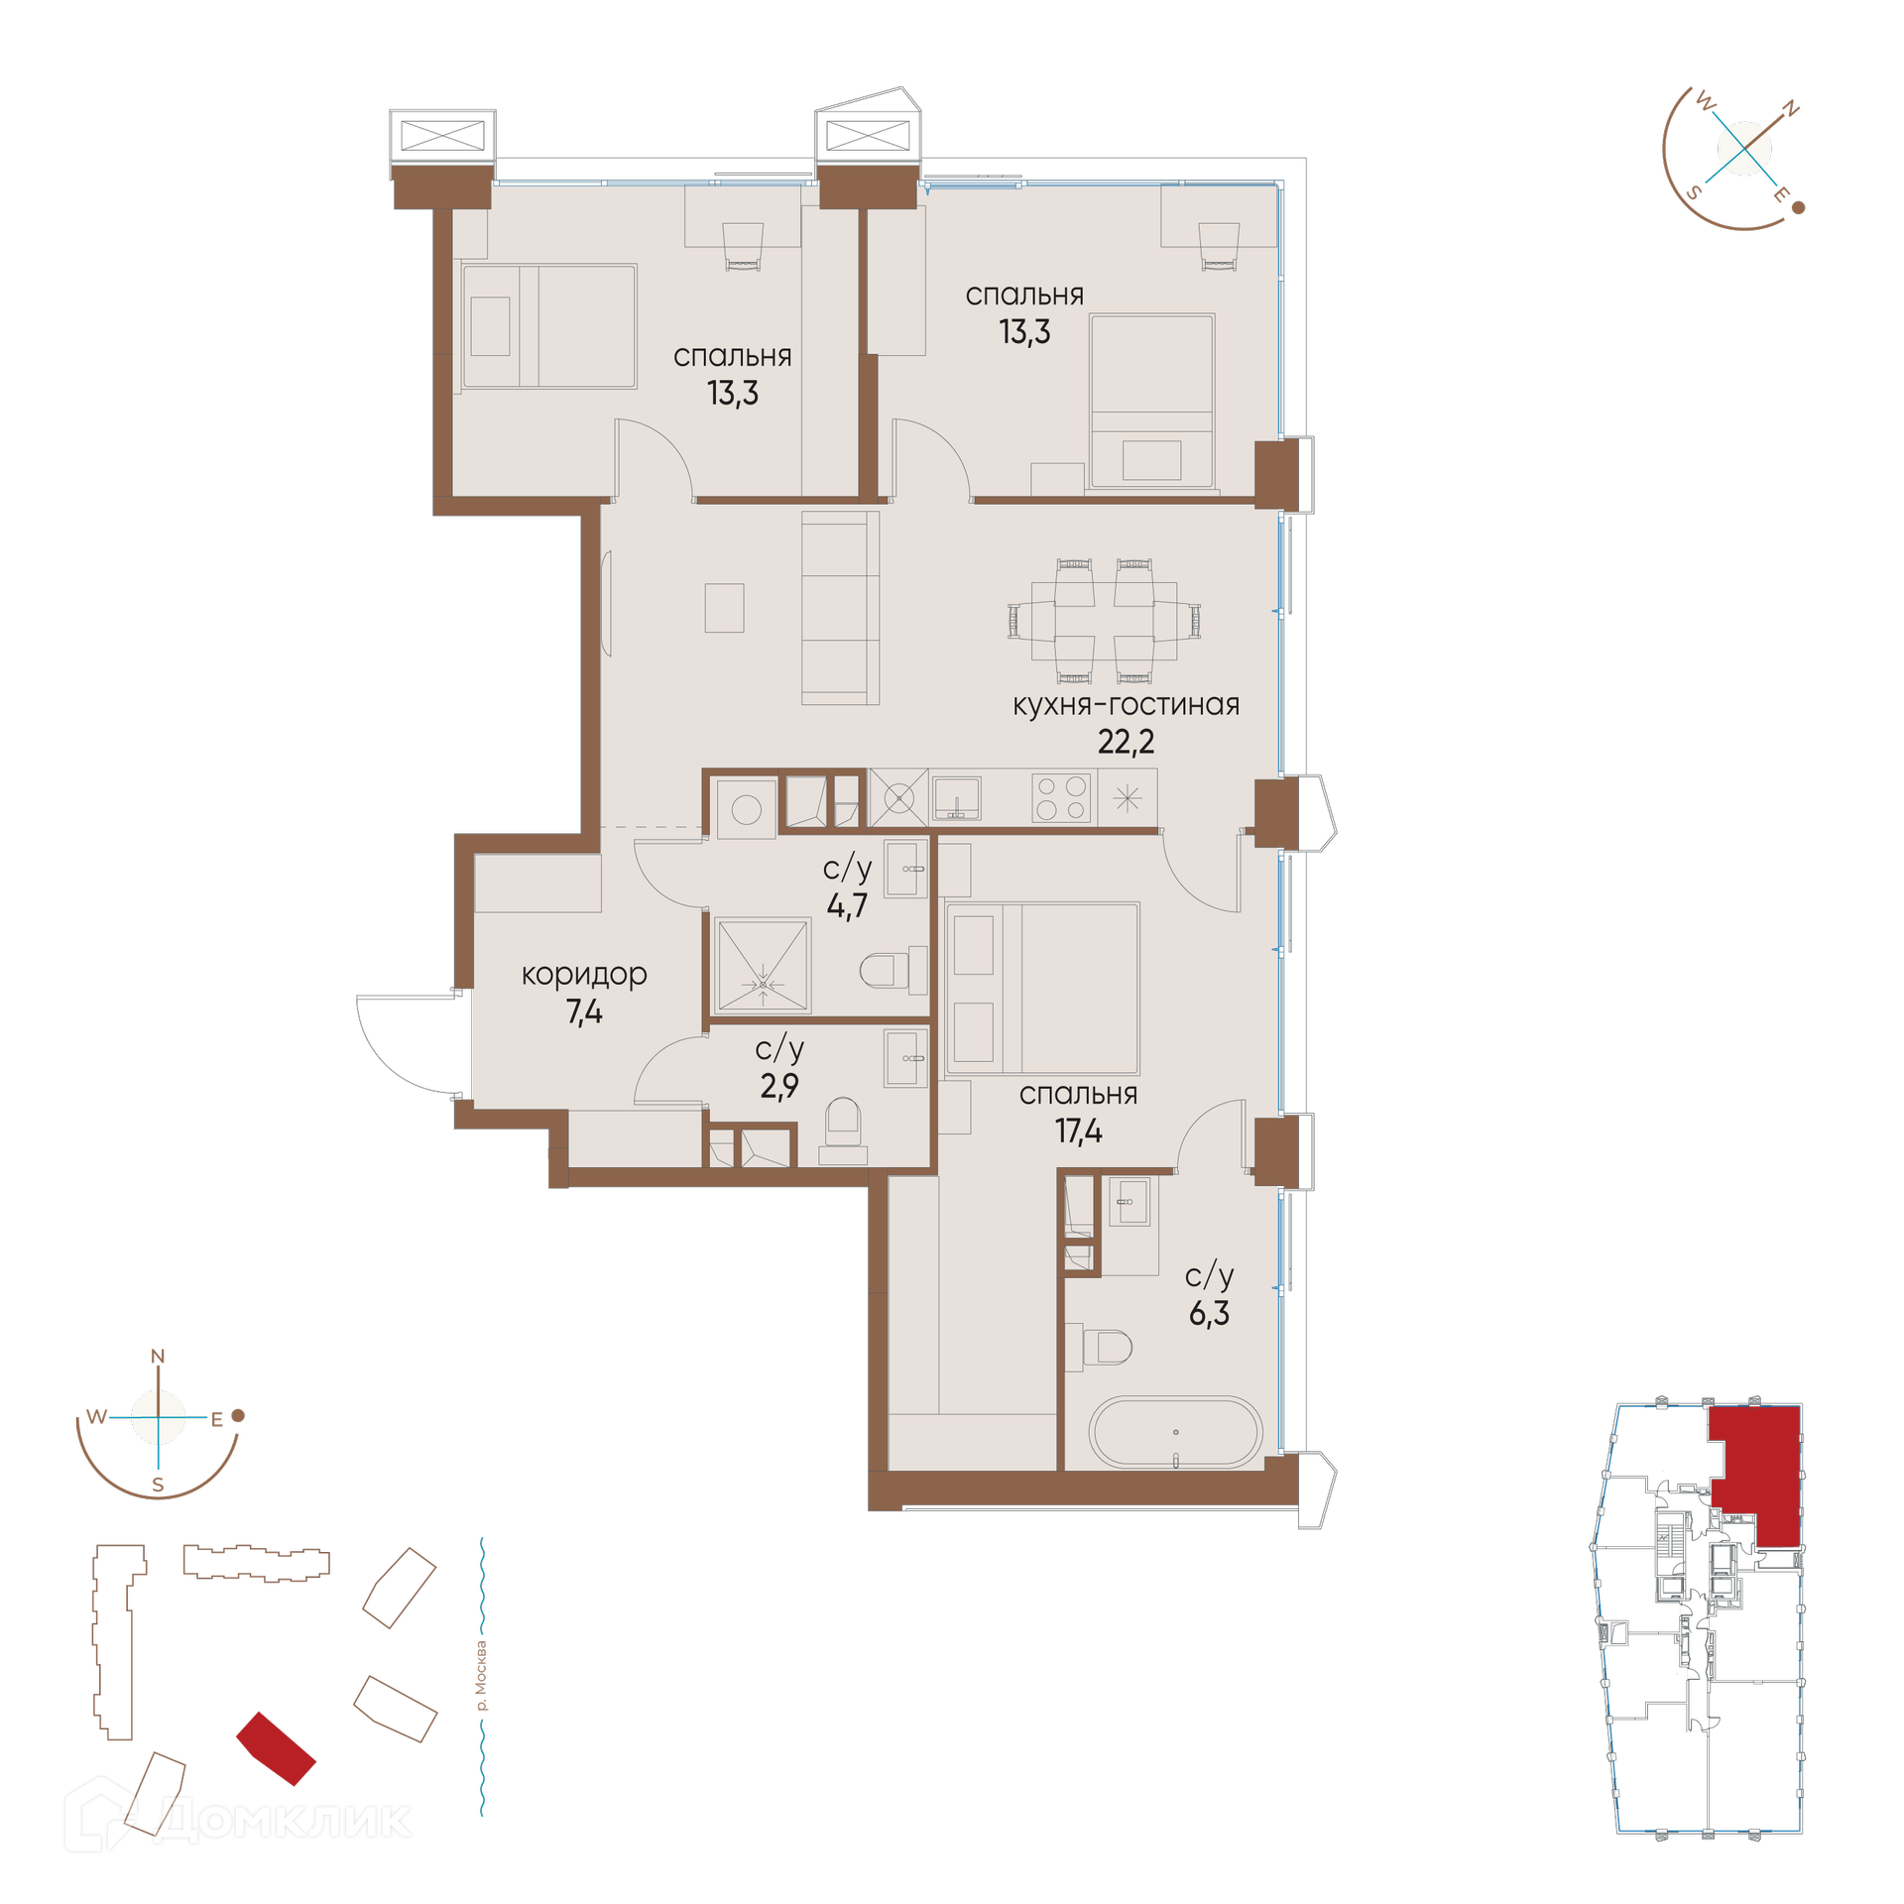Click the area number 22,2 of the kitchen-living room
click(x=1126, y=742)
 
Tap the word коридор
click(x=584, y=975)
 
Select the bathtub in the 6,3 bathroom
click(x=1175, y=1431)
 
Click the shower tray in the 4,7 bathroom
click(x=763, y=965)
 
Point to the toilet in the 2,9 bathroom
click(x=843, y=1129)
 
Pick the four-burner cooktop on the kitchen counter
click(x=1060, y=797)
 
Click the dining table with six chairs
click(x=1104, y=622)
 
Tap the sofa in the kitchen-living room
click(x=840, y=608)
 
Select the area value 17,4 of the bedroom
click(x=1078, y=1130)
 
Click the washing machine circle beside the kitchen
click(x=746, y=810)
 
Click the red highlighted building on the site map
click(x=276, y=1748)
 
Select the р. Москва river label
click(x=482, y=1676)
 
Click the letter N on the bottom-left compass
click(x=158, y=1356)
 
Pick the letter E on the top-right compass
click(x=1781, y=194)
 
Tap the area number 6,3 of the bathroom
click(x=1209, y=1313)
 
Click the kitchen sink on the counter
click(x=956, y=797)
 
